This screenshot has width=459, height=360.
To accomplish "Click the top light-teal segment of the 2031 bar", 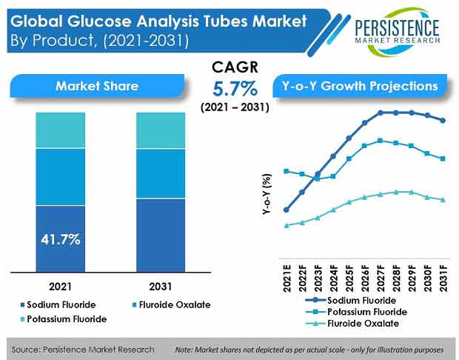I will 160,130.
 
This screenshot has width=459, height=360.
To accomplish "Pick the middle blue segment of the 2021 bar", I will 61,176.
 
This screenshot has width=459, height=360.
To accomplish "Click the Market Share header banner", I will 97,86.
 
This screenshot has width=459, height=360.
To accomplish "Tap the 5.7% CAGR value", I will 235,90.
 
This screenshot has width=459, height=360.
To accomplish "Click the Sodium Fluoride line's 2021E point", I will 286,210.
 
